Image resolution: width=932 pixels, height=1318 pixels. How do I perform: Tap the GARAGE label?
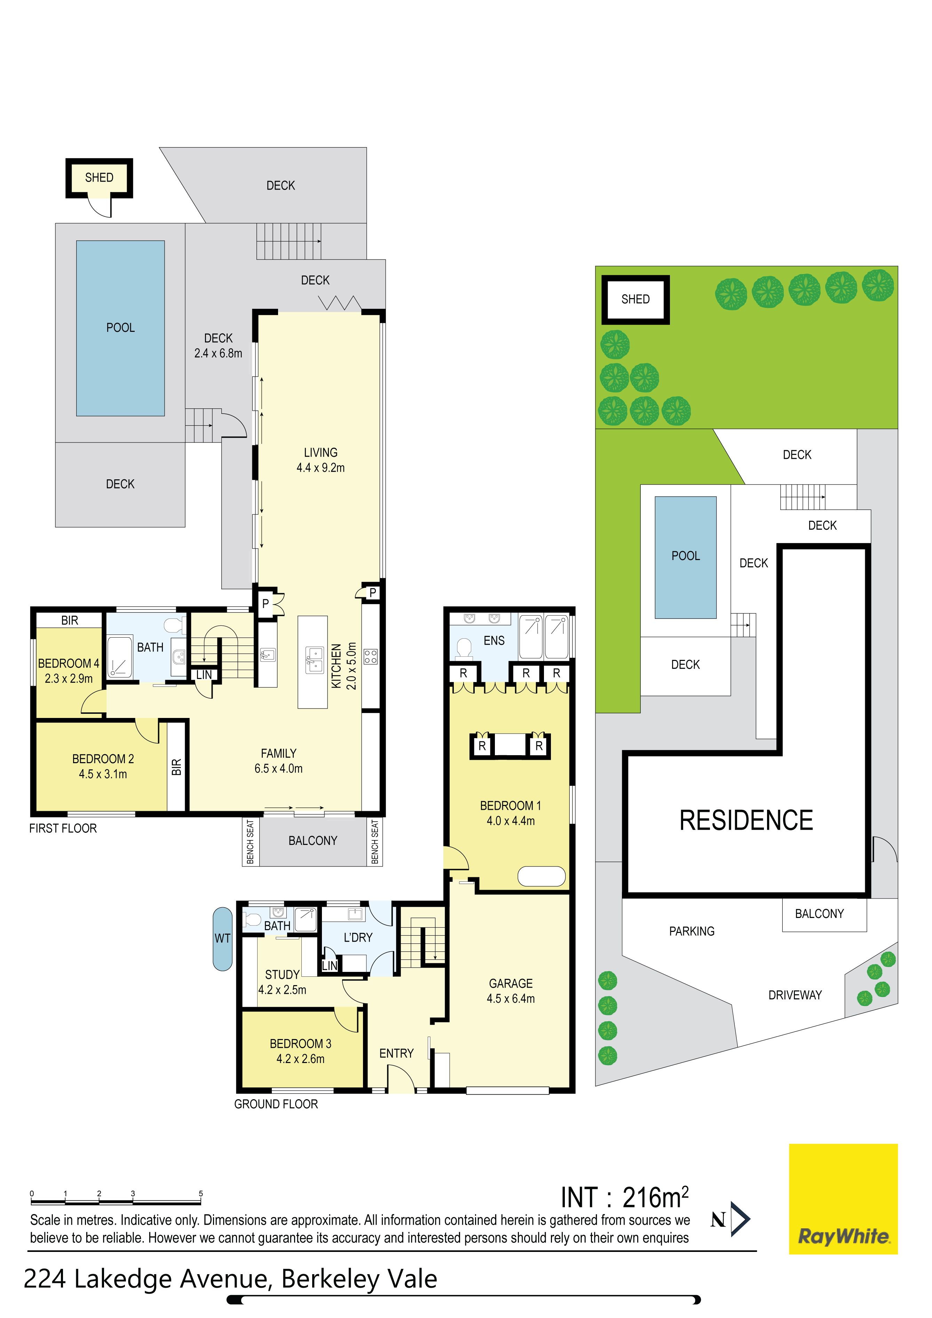pos(511,991)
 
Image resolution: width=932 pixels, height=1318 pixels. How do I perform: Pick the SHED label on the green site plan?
pos(635,299)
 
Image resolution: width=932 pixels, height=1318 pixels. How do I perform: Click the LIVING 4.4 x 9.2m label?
pos(321,460)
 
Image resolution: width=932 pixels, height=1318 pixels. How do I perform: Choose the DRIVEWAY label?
pos(795,995)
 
